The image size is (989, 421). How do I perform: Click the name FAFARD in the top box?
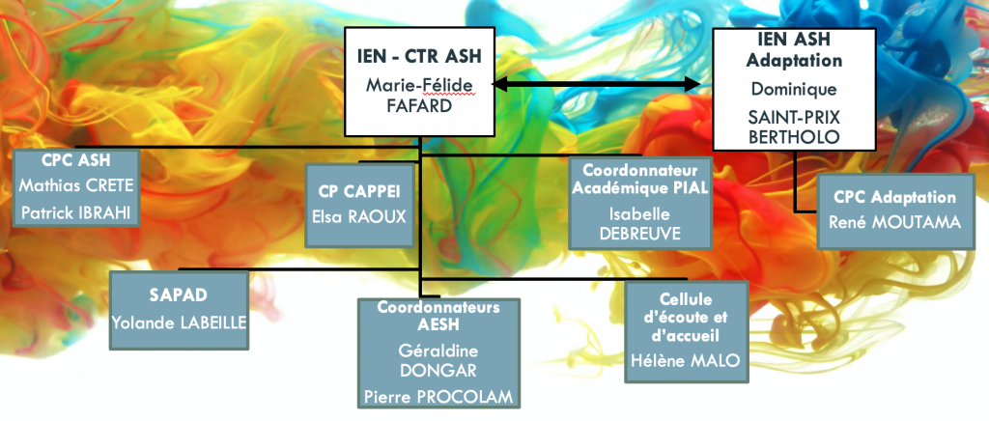(419, 105)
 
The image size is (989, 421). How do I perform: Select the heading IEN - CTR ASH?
(419, 56)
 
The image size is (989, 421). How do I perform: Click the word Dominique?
(794, 89)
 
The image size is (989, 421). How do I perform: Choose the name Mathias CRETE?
(76, 186)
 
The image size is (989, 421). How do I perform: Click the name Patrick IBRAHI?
(76, 213)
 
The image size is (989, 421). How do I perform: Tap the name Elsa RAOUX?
(359, 216)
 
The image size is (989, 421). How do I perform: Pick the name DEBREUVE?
(640, 233)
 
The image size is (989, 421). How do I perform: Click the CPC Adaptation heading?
(895, 197)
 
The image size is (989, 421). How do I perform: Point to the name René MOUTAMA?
(895, 222)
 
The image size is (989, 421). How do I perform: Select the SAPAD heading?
(179, 295)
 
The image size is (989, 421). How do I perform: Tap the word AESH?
(438, 325)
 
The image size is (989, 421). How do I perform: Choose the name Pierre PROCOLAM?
(438, 397)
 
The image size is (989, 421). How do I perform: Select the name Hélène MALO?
(687, 359)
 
